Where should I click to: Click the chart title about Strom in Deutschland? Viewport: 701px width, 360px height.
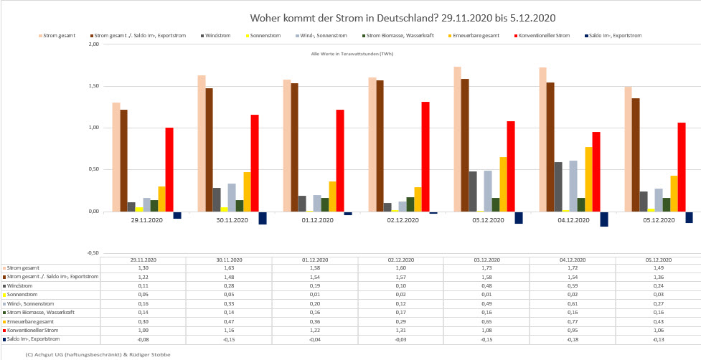pyautogui.click(x=402, y=17)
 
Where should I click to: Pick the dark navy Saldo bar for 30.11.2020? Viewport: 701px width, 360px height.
pyautogui.click(x=263, y=218)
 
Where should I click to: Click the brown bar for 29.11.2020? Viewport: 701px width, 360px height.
pyautogui.click(x=123, y=161)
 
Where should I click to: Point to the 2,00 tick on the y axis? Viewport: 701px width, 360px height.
pyautogui.click(x=93, y=44)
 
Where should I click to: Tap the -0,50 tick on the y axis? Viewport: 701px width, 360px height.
pyautogui.click(x=93, y=253)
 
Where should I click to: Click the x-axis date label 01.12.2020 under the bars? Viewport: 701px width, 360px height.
pyautogui.click(x=314, y=221)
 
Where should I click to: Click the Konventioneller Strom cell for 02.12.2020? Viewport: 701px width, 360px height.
pyautogui.click(x=400, y=330)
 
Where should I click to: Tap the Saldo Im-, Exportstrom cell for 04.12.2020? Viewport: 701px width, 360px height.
pyautogui.click(x=572, y=338)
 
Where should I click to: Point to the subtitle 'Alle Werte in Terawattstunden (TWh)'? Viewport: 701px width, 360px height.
pyautogui.click(x=352, y=54)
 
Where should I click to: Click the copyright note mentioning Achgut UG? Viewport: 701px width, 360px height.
pyautogui.click(x=98, y=354)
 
